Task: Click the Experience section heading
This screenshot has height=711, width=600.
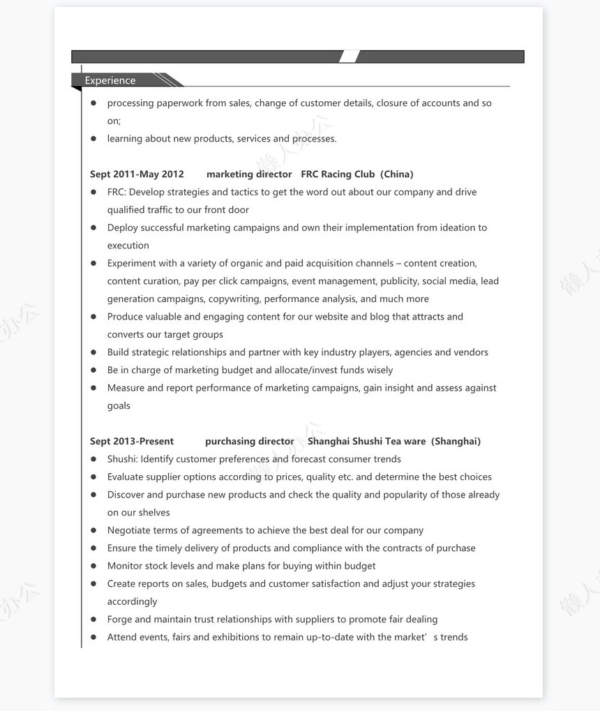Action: (x=110, y=81)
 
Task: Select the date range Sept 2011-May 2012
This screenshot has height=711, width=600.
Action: (x=137, y=174)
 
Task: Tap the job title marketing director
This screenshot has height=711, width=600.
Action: (x=249, y=174)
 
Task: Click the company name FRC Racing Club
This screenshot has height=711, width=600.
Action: (x=338, y=174)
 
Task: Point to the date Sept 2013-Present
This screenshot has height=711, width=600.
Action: (x=132, y=442)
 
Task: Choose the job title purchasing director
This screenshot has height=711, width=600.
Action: (x=249, y=442)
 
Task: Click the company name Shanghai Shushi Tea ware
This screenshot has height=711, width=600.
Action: (x=366, y=442)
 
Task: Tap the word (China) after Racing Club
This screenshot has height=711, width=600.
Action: (x=397, y=174)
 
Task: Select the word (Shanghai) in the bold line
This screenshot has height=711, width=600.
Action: (x=456, y=442)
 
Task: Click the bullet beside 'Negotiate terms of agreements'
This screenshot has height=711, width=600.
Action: (x=93, y=530)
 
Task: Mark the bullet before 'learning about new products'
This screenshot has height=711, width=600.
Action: (x=93, y=139)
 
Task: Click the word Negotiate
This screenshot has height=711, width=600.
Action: (x=128, y=530)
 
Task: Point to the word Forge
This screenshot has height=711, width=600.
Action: (x=119, y=620)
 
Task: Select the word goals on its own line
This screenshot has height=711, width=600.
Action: (x=119, y=406)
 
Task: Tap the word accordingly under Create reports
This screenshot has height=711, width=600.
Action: (x=132, y=602)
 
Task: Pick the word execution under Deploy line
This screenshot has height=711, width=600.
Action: (x=128, y=246)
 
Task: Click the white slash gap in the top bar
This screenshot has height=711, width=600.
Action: (x=350, y=57)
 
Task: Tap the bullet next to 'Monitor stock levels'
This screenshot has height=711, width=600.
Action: (x=93, y=566)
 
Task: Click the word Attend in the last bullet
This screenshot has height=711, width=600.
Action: (x=121, y=637)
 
